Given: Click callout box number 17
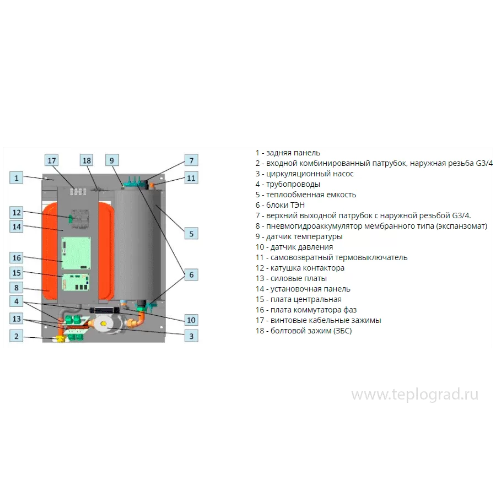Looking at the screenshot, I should point(52,160).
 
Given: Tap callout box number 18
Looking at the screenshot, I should point(87,160).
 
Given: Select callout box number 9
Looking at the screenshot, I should point(111,160).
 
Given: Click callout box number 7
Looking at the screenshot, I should point(191,160).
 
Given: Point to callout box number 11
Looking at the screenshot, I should point(191,178).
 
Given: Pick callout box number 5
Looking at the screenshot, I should point(191,234).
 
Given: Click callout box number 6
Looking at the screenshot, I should point(191,274).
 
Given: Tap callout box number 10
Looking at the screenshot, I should point(191,320).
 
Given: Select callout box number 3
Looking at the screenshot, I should point(191,336).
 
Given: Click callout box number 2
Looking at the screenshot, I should point(17,336).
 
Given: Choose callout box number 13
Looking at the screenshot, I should point(17,319).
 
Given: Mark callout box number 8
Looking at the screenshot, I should point(17,288).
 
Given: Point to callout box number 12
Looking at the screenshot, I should point(17,212).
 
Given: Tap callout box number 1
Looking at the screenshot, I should point(17,177).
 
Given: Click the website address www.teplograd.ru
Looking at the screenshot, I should point(414,395).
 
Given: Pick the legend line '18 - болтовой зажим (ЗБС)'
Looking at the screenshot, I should point(303,331).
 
